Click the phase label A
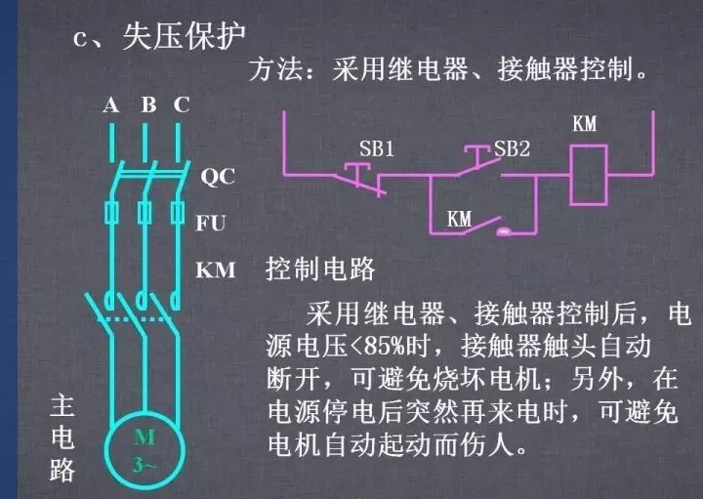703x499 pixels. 110,105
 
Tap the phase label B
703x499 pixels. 149,104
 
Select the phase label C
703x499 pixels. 182,104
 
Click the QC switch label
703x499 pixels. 218,176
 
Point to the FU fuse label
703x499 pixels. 210,223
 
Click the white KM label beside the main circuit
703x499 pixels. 215,270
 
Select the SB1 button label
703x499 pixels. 377,148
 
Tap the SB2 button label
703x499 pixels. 512,148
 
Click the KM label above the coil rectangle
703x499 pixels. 585,124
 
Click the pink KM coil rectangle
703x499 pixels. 589,175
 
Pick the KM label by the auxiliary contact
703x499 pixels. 460,220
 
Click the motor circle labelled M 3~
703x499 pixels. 145,450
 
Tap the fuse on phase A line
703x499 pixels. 111,213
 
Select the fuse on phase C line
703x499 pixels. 178,213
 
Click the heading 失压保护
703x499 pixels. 184,36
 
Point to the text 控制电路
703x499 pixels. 320,269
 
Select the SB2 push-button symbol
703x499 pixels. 477,160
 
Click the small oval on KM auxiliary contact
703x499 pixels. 504,231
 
